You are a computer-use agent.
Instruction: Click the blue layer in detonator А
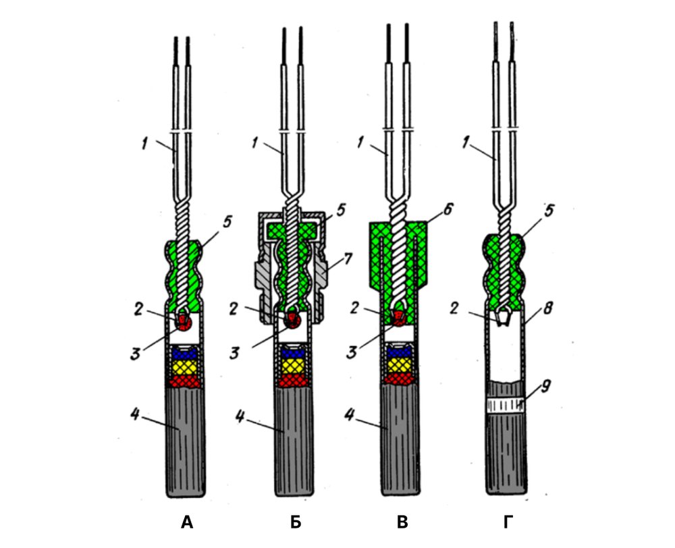tap(185, 353)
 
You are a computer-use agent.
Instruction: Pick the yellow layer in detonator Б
tap(293, 366)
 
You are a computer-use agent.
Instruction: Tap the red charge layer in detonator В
tap(399, 379)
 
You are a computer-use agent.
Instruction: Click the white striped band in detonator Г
tap(507, 404)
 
